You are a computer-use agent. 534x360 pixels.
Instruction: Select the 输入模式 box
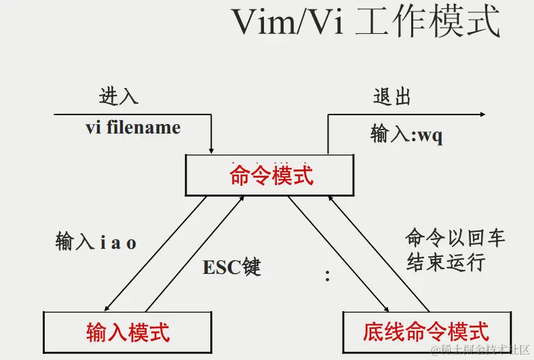128,332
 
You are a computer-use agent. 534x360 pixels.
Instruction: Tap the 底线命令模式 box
425,332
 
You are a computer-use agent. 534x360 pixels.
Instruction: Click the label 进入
119,97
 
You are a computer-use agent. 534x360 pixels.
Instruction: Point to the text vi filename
133,127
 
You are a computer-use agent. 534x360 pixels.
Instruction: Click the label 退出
392,97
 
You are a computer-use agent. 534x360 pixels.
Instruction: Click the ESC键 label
231,267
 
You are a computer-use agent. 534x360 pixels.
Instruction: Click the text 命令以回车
455,238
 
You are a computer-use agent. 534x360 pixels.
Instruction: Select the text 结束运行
446,262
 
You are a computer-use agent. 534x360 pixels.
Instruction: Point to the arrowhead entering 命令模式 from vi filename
212,150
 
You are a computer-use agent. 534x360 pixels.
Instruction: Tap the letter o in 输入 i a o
131,243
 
